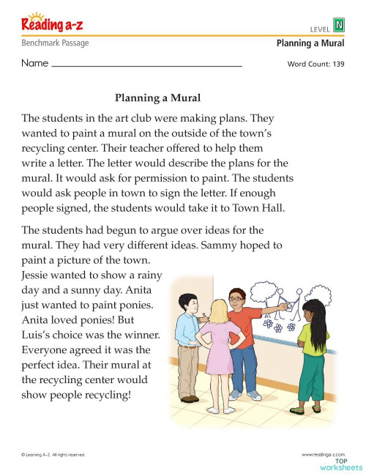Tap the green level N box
click(x=338, y=26)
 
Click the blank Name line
click(x=146, y=64)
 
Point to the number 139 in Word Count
click(x=335, y=64)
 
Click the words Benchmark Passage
click(x=55, y=43)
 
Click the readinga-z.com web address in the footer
click(x=324, y=455)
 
